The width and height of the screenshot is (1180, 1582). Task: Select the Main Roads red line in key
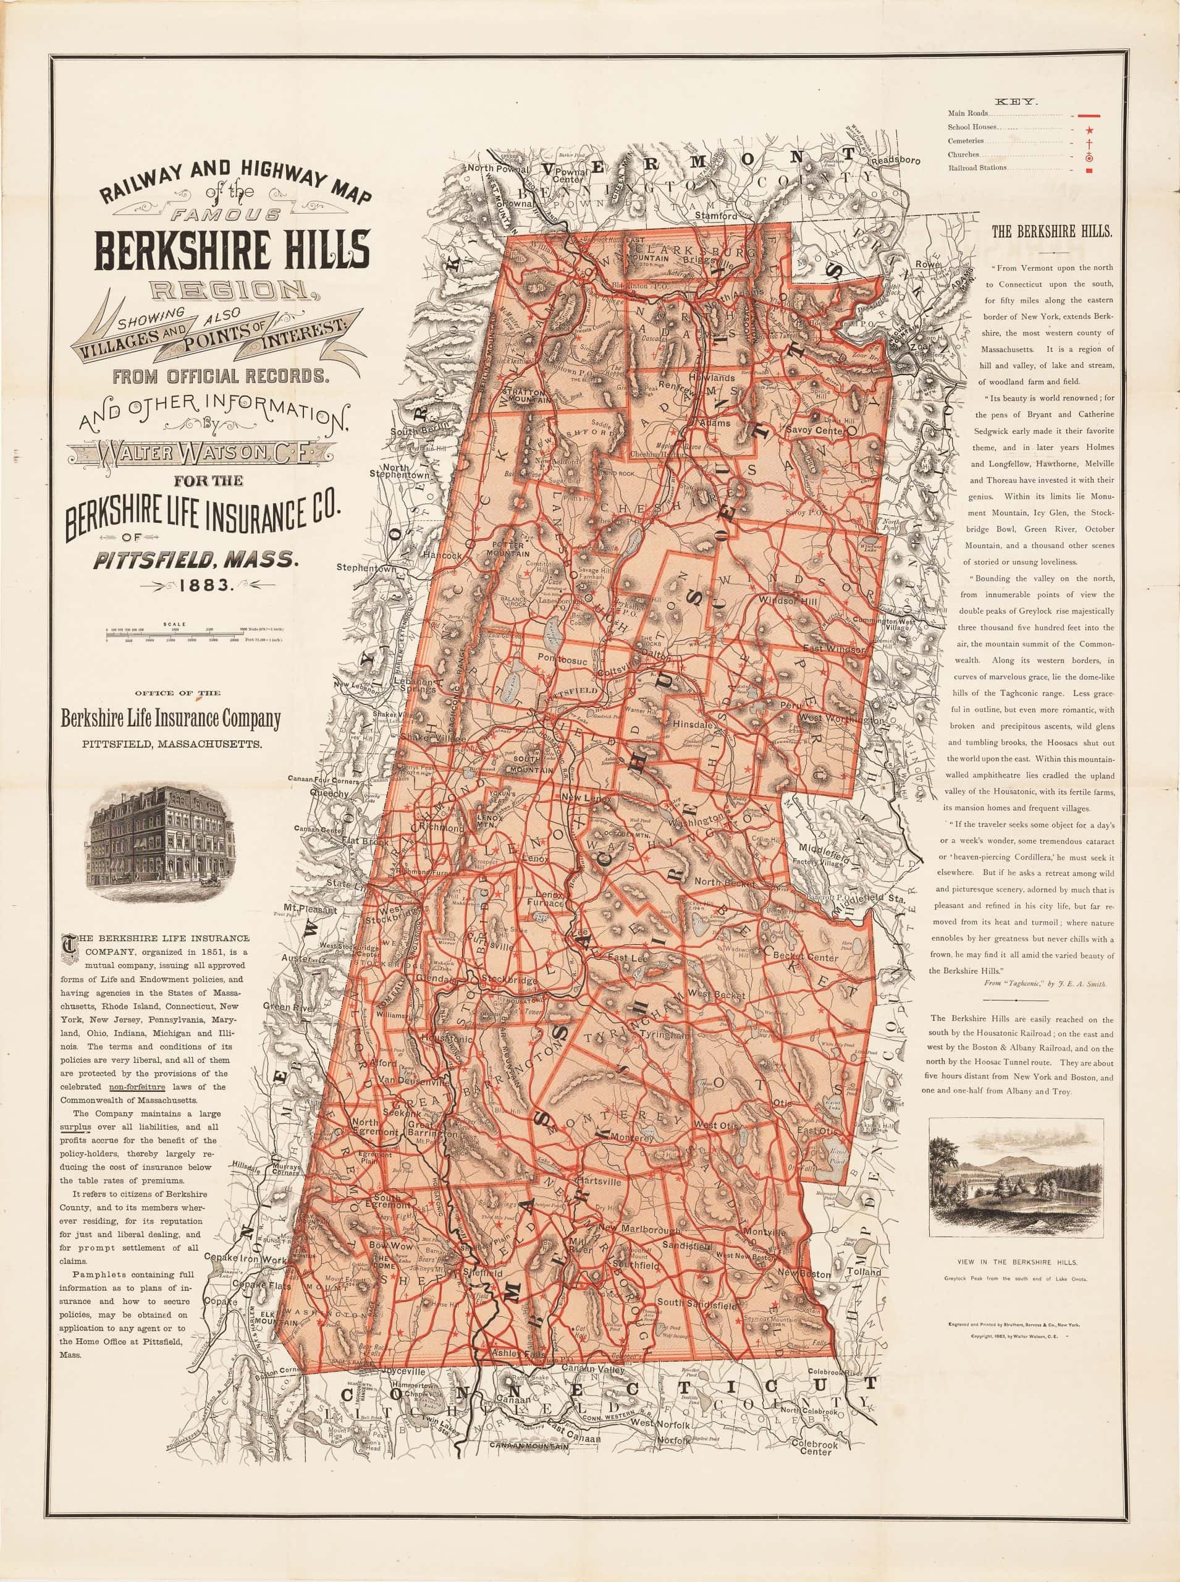click(x=1090, y=114)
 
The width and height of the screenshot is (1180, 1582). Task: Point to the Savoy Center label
click(x=820, y=431)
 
